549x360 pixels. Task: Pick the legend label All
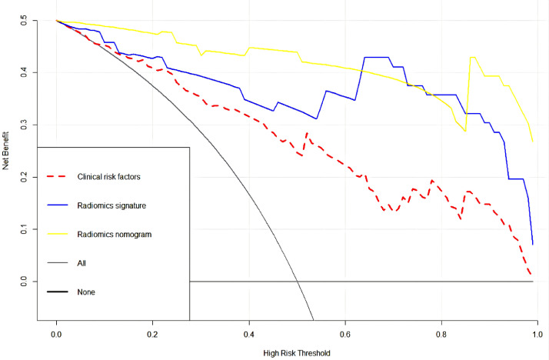(x=82, y=263)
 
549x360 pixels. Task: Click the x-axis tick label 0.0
(x=56, y=335)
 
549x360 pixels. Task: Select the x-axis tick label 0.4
(x=248, y=335)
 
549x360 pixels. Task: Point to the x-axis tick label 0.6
(x=345, y=335)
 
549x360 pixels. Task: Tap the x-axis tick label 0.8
(x=441, y=335)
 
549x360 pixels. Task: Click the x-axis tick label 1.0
(x=537, y=335)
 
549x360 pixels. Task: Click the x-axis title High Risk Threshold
(x=296, y=353)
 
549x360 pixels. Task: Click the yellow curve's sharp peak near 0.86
(x=472, y=57)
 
